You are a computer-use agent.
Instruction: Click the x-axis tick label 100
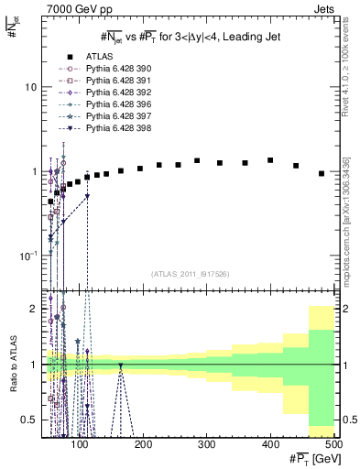coord(81,444)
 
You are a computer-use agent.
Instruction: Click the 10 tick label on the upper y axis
coord(30,87)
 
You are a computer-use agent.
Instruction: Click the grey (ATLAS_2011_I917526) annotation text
coord(190,274)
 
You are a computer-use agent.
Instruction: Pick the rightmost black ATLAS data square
coord(322,173)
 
